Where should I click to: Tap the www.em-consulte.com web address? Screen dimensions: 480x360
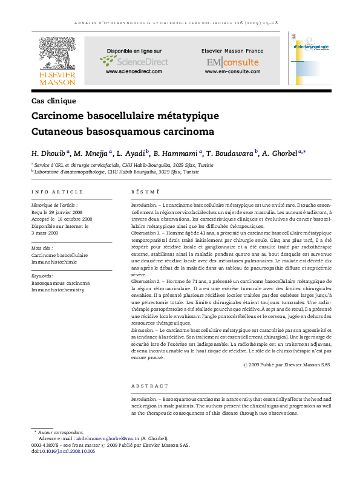[232, 72]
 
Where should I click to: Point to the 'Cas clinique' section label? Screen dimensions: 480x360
[53, 101]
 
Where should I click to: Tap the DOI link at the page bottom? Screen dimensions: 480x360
[67, 452]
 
